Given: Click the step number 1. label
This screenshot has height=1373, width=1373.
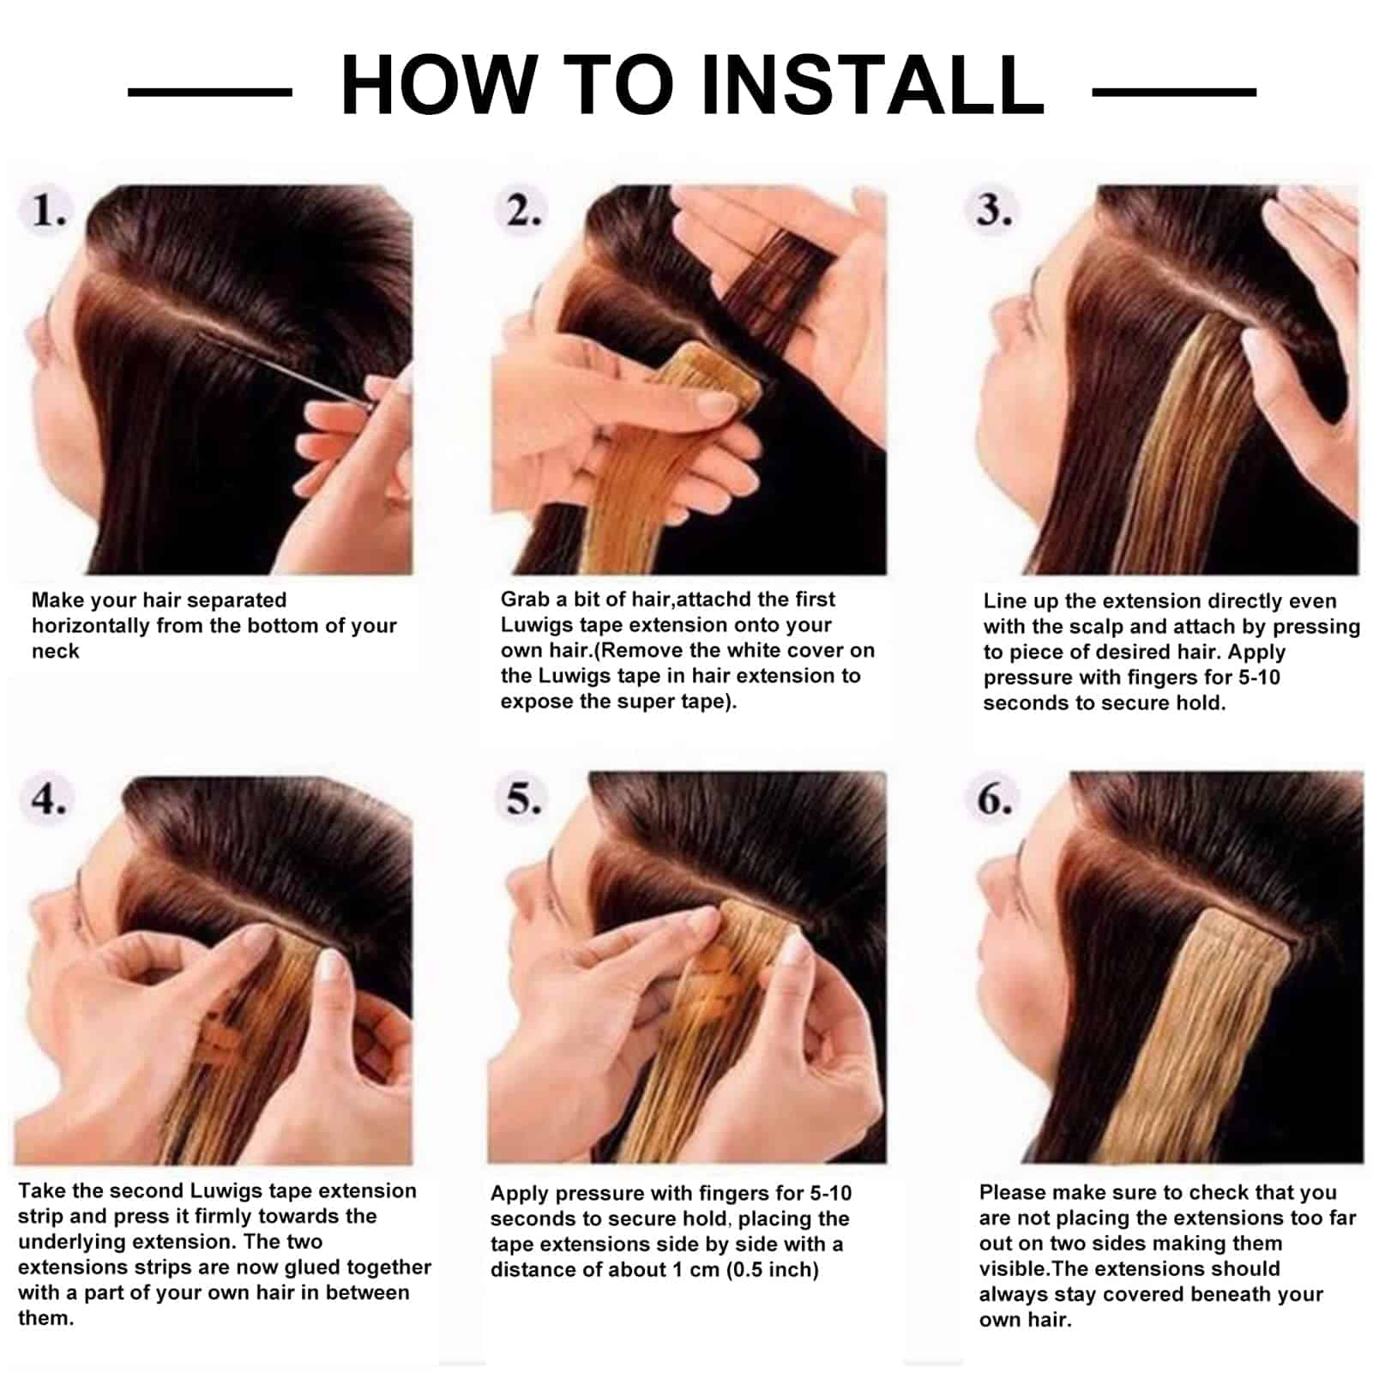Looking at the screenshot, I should point(49,211).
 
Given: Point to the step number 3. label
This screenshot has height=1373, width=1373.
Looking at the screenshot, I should point(995,211).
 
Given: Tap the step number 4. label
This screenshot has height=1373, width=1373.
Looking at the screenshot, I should point(49,799).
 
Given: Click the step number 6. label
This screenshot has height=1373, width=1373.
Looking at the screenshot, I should point(995,799).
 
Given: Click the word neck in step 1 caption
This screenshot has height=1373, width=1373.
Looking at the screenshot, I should point(55,651).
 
